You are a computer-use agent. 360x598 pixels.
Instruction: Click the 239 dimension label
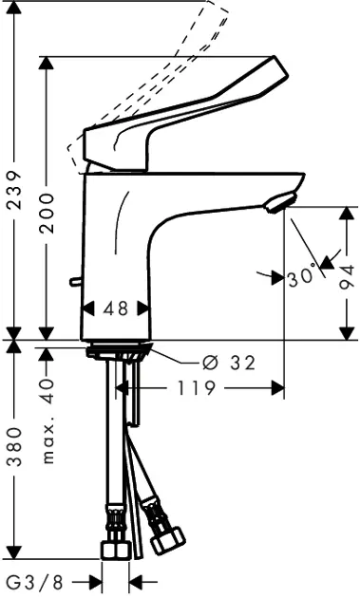point(15,190)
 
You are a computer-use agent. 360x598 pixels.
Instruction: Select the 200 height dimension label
point(47,214)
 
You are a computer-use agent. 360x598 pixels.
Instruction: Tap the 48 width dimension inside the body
point(116,308)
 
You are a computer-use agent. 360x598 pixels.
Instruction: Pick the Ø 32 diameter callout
point(229,363)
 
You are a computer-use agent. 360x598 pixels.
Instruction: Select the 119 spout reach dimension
point(197,388)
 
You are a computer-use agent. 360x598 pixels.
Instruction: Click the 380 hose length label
point(15,447)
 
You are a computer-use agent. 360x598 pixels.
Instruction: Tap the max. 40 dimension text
point(47,421)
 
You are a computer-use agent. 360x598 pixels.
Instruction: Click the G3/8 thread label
point(35,583)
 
